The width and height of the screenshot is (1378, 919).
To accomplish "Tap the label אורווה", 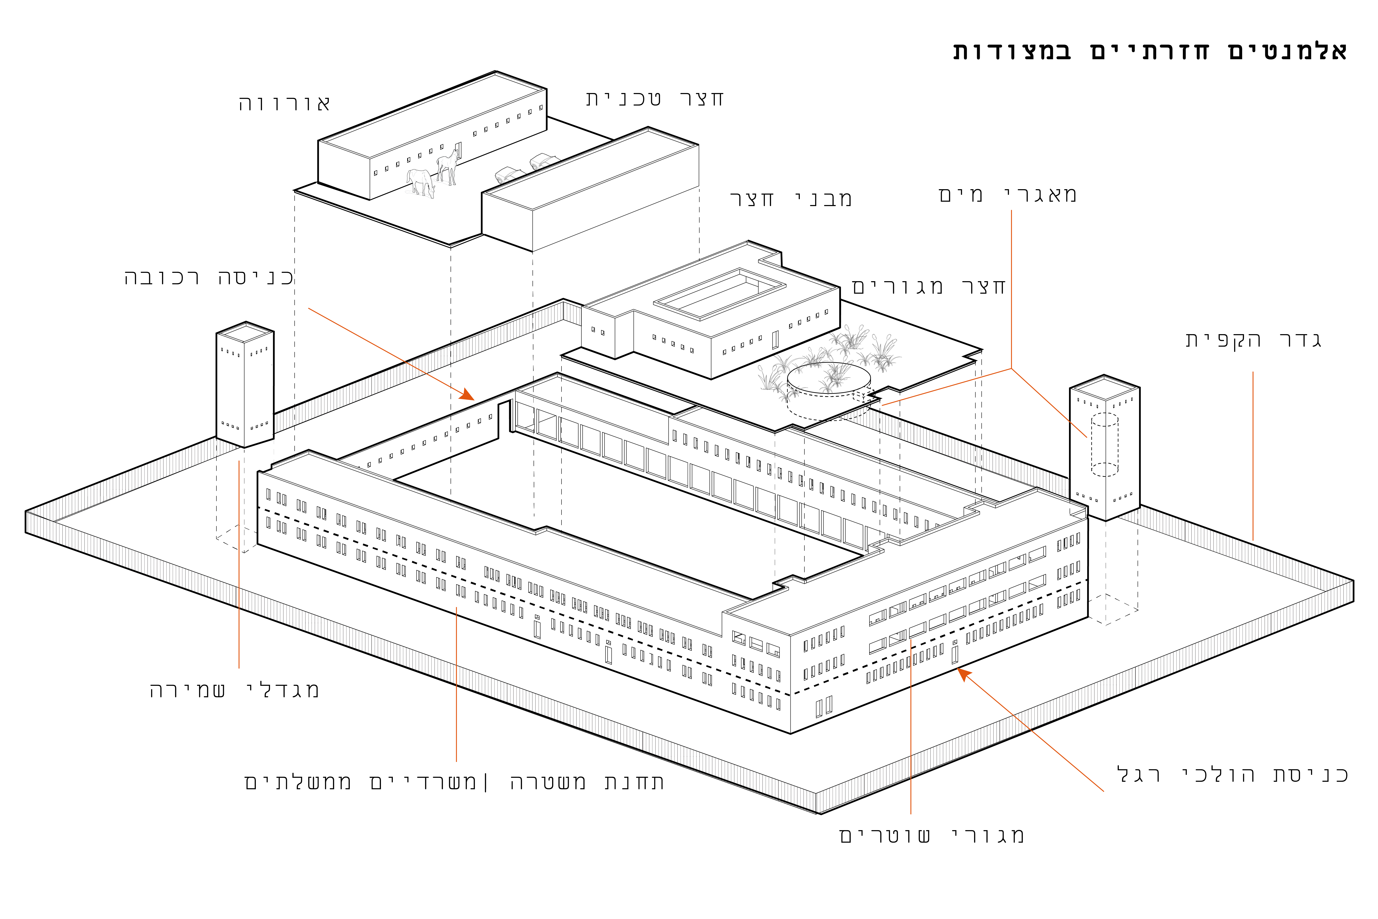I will point(284,104).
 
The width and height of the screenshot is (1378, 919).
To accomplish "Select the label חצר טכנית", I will point(655,98).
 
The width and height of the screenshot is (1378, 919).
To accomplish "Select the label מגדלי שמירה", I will point(234,690).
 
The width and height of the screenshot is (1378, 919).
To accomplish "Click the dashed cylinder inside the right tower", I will point(1104,444).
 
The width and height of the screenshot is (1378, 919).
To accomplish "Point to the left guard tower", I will point(245,384).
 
